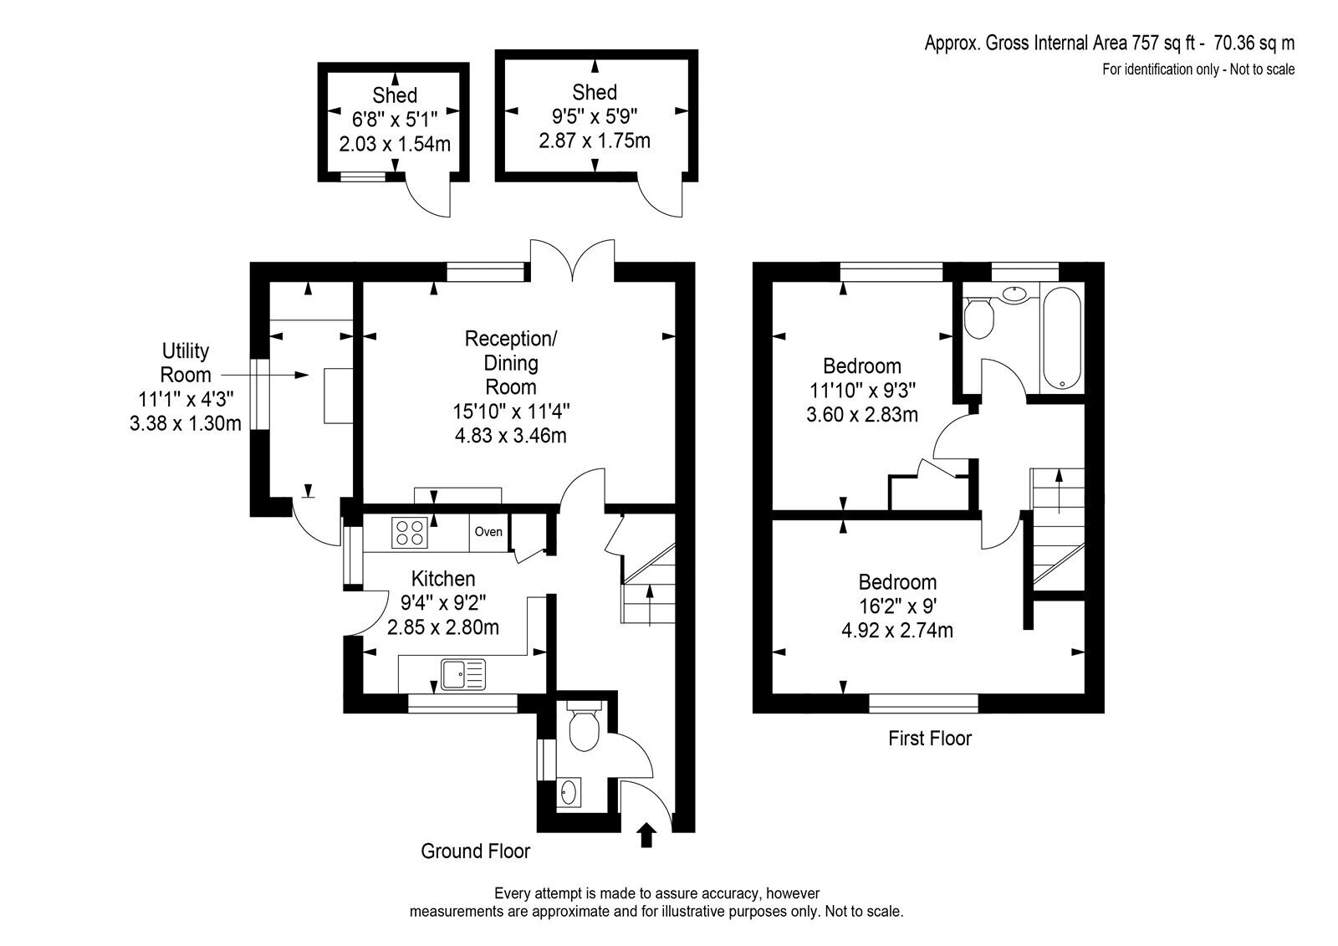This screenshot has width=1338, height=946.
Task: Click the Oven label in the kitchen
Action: click(x=488, y=531)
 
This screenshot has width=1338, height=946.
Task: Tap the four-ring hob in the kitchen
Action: click(x=410, y=532)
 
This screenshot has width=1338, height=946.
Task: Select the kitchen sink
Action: click(x=463, y=674)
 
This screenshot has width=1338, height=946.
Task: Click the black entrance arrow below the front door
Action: click(x=647, y=835)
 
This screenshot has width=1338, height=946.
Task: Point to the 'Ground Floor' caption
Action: click(x=476, y=851)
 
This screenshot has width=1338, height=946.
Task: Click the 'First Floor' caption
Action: click(x=929, y=738)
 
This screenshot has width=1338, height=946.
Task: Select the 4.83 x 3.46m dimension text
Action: click(x=511, y=435)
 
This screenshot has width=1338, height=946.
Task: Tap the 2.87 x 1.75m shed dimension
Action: click(x=595, y=141)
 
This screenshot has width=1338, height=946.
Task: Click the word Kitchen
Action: click(x=443, y=579)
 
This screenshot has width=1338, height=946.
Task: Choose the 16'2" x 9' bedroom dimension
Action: click(x=897, y=606)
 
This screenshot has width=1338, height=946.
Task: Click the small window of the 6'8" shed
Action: click(x=363, y=176)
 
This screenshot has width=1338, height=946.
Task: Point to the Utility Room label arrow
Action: click(x=264, y=375)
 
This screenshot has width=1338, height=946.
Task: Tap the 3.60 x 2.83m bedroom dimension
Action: click(x=862, y=414)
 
